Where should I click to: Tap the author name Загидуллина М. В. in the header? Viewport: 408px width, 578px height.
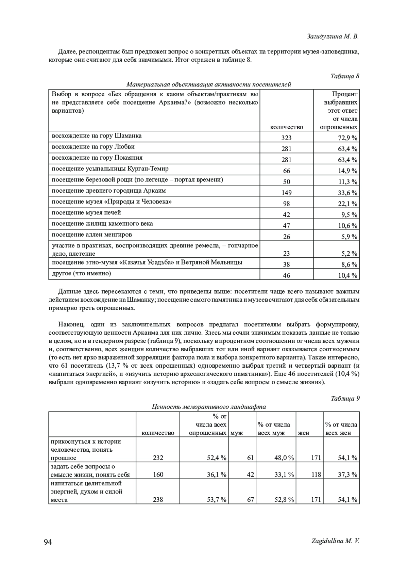pyautogui.click(x=333, y=36)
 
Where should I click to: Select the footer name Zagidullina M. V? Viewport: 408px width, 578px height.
pyautogui.click(x=335, y=541)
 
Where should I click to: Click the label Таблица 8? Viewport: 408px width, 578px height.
pyautogui.click(x=345, y=76)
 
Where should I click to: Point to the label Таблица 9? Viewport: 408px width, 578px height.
pyautogui.click(x=345, y=398)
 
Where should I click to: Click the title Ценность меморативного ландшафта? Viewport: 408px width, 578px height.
pyautogui.click(x=209, y=407)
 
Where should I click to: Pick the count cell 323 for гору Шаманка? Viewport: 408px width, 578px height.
pyautogui.click(x=286, y=138)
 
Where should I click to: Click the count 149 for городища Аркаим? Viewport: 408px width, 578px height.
pyautogui.click(x=286, y=193)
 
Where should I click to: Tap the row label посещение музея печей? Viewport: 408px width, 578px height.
pyautogui.click(x=86, y=213)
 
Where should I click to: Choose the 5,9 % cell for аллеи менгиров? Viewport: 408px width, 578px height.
pyautogui.click(x=349, y=237)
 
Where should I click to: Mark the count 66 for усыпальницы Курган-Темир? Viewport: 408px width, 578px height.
pyautogui.click(x=286, y=171)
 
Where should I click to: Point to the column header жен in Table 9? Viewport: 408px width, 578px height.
pyautogui.click(x=303, y=433)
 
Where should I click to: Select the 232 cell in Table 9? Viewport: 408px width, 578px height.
pyautogui.click(x=158, y=458)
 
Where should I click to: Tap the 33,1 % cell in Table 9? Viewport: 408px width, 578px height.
pyautogui.click(x=284, y=475)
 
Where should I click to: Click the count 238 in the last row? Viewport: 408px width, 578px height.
pyautogui.click(x=158, y=500)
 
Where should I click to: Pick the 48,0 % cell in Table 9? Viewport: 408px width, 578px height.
pyautogui.click(x=284, y=458)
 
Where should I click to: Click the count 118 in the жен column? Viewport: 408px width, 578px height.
pyautogui.click(x=316, y=475)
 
